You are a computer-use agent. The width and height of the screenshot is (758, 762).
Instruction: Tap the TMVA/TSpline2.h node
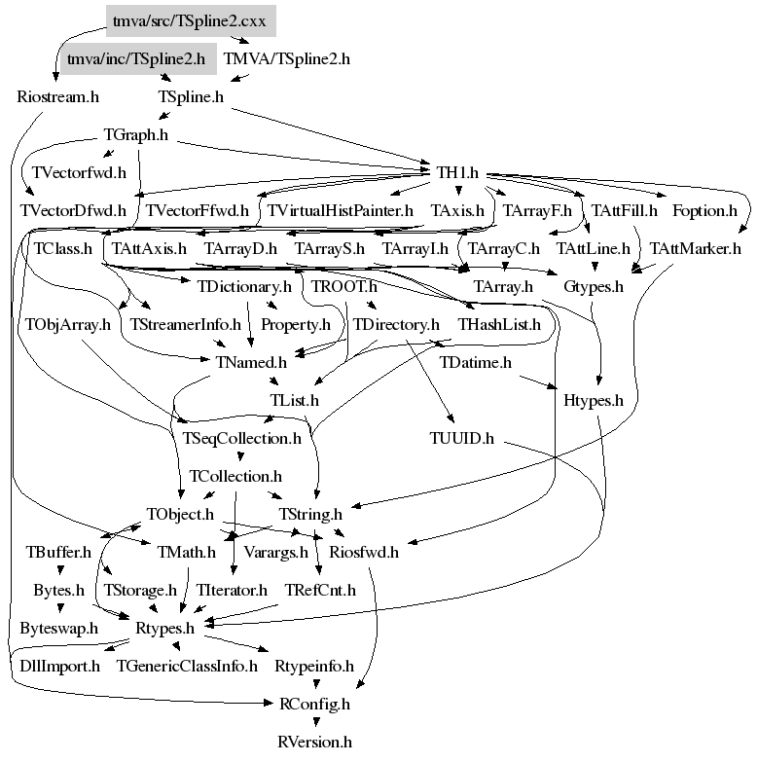click(286, 58)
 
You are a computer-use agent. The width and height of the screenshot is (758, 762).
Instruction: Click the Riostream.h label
click(58, 96)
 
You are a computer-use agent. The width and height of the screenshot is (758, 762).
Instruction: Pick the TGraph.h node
click(135, 134)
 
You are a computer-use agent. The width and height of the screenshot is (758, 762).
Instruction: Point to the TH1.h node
click(457, 172)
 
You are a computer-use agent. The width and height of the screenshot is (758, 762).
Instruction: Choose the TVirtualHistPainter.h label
click(341, 210)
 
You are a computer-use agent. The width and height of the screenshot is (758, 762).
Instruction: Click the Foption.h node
click(704, 210)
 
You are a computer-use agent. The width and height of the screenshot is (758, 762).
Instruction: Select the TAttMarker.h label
click(696, 248)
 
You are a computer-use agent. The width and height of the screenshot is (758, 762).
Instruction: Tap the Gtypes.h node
click(594, 287)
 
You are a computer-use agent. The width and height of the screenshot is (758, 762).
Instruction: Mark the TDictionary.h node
click(244, 287)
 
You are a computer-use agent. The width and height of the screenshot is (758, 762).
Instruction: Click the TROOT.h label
click(344, 287)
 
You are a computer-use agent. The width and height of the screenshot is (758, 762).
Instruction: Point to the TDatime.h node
click(476, 362)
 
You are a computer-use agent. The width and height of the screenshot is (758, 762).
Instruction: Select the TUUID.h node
click(462, 438)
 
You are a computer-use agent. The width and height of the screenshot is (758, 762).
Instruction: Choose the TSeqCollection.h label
click(241, 438)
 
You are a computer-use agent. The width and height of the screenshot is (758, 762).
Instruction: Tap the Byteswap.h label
click(58, 628)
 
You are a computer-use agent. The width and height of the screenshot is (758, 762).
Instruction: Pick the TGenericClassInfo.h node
click(187, 666)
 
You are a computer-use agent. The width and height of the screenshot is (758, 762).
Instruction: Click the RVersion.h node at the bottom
click(313, 742)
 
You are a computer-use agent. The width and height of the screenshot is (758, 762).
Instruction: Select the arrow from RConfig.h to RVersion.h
click(313, 722)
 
